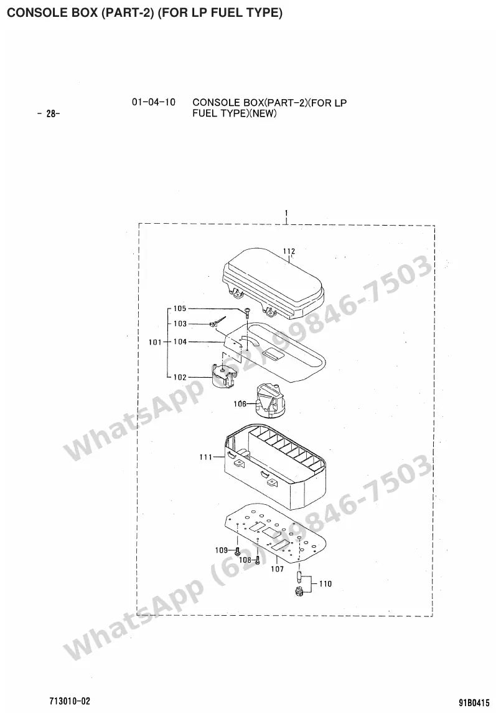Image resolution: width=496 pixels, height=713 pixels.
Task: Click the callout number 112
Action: [x=289, y=251]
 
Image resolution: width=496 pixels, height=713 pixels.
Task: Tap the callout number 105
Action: [x=180, y=309]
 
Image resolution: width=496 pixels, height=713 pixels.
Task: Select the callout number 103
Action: [x=180, y=323]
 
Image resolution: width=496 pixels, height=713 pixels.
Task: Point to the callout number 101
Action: [x=156, y=342]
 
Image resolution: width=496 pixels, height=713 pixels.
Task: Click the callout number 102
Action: [x=180, y=377]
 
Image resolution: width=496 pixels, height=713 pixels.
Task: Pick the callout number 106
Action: [x=240, y=404]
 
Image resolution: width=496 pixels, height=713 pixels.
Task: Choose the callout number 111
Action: [x=206, y=457]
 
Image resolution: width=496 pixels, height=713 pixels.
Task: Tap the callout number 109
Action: [x=221, y=550]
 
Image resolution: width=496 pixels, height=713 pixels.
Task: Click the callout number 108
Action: [x=245, y=560]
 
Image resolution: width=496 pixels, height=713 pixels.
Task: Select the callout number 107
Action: [x=277, y=569]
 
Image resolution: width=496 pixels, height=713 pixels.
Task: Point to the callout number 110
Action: [x=325, y=584]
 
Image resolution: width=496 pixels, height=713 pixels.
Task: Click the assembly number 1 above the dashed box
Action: [x=286, y=213]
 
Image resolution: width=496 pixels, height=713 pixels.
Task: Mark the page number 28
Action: [x=53, y=113]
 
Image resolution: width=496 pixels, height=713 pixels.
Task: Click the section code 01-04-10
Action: [x=154, y=102]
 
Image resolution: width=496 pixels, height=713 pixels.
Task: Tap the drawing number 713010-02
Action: [x=70, y=701]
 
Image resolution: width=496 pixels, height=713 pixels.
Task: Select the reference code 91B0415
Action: [x=474, y=702]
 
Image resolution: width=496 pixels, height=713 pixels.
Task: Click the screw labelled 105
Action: [x=246, y=312]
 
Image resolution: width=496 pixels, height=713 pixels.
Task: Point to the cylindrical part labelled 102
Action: [x=225, y=376]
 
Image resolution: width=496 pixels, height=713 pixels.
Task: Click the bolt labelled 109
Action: [x=237, y=551]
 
